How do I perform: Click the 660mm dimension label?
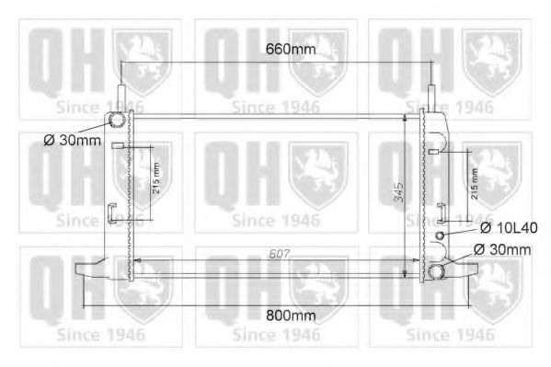(277, 49)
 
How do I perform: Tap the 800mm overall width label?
(277, 315)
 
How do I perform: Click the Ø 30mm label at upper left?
(71, 141)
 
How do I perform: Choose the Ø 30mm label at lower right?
(501, 249)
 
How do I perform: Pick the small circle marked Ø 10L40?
(441, 235)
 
